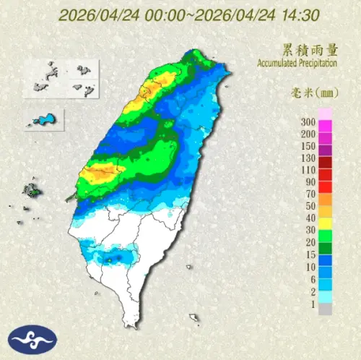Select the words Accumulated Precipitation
tap(297, 64)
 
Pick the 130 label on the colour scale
tap(308, 158)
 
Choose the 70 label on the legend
tap(310, 194)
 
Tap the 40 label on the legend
tap(310, 218)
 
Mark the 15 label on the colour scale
tap(310, 254)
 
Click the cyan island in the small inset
tap(46, 118)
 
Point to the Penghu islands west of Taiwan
tap(31, 192)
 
